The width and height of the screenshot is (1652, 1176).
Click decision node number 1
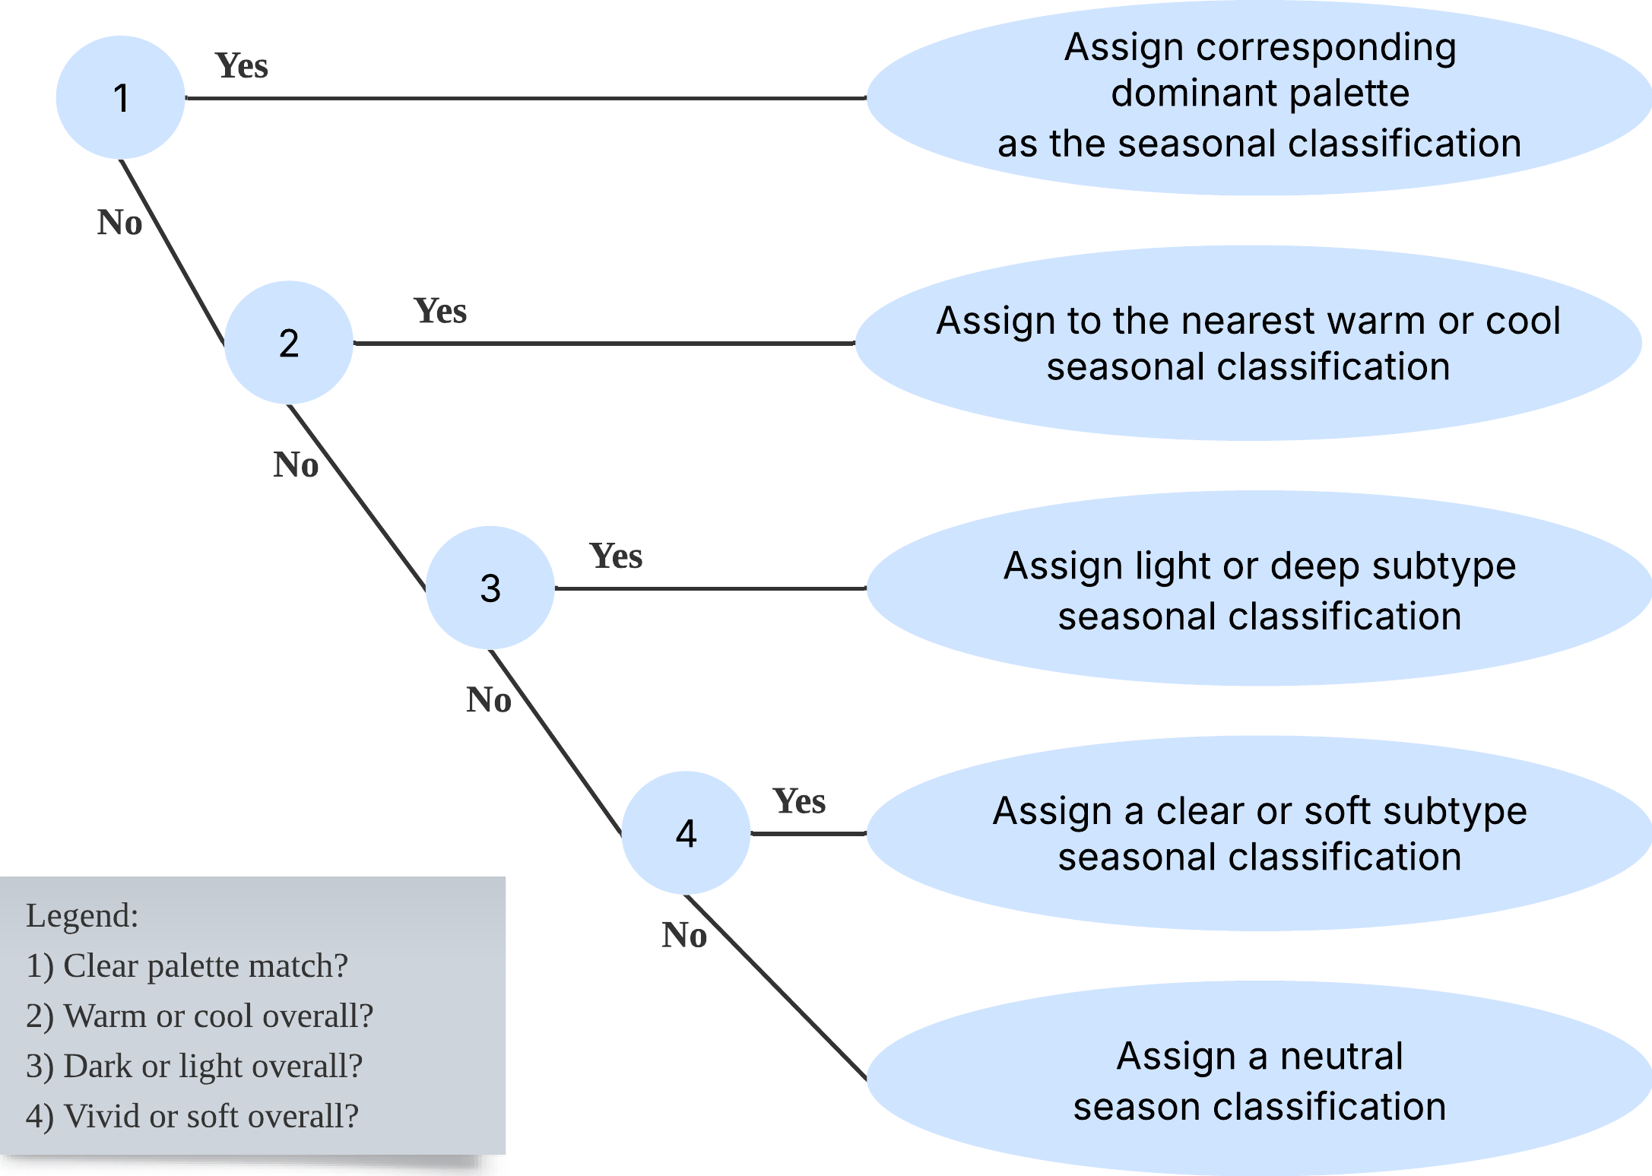pyautogui.click(x=120, y=97)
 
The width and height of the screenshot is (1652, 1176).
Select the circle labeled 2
pyautogui.click(x=289, y=343)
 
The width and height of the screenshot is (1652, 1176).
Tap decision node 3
pyautogui.click(x=490, y=588)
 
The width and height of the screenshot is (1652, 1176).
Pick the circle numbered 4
pyautogui.click(x=686, y=833)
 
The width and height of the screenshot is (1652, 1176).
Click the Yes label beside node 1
pyautogui.click(x=242, y=66)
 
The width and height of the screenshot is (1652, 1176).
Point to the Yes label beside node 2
pyautogui.click(x=439, y=311)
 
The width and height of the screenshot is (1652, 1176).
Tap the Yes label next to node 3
pyautogui.click(x=616, y=556)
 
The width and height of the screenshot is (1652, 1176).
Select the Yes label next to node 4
pyautogui.click(x=799, y=801)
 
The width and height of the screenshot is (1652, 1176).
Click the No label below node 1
pyautogui.click(x=119, y=223)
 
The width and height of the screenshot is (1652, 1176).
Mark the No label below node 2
pyautogui.click(x=296, y=465)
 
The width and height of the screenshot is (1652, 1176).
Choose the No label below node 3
pyautogui.click(x=488, y=700)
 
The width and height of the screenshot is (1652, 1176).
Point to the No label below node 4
pyautogui.click(x=684, y=935)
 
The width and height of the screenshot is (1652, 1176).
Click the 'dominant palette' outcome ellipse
pyautogui.click(x=1259, y=97)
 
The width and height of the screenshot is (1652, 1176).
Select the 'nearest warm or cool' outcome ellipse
pyautogui.click(x=1248, y=343)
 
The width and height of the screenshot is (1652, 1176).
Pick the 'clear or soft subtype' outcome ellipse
pyautogui.click(x=1259, y=833)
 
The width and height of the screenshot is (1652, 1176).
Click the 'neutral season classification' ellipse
pyautogui.click(x=1259, y=1079)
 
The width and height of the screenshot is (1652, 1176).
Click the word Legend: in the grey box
pyautogui.click(x=82, y=915)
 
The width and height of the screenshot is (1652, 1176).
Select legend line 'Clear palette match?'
pyautogui.click(x=187, y=965)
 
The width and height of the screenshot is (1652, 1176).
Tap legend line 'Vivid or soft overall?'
pyautogui.click(x=192, y=1116)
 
